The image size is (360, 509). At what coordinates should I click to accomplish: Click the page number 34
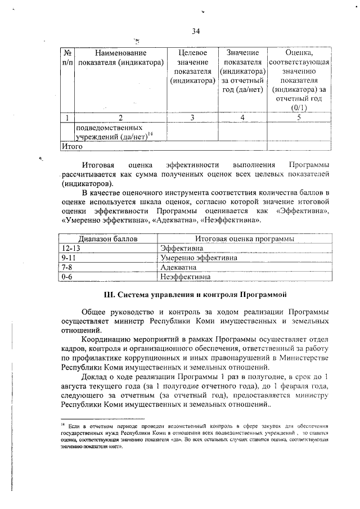[196, 31]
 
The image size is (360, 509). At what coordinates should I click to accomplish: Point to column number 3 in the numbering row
[192, 118]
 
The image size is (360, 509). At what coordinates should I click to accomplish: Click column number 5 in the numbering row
[299, 118]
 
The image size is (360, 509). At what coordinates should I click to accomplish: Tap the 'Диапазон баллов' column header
[107, 239]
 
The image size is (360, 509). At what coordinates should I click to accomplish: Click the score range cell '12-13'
[73, 249]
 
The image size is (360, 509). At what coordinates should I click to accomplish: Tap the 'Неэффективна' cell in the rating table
[186, 277]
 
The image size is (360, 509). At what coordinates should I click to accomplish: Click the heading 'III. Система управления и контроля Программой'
[196, 294]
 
